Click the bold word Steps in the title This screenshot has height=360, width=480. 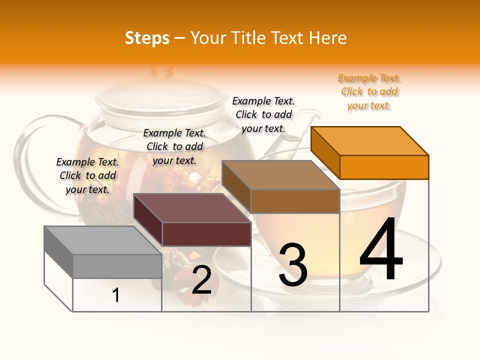click(147, 38)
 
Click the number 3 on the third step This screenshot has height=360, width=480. click(293, 265)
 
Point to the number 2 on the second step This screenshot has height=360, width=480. click(201, 280)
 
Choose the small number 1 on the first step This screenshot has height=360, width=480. click(116, 295)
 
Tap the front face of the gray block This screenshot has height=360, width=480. click(117, 266)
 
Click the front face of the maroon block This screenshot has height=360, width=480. click(206, 234)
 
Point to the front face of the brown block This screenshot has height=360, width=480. click(295, 201)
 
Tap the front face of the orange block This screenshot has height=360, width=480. click(384, 167)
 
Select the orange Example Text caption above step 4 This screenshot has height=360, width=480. click(369, 92)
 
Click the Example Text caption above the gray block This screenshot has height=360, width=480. click(88, 176)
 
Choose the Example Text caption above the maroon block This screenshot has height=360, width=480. click(174, 147)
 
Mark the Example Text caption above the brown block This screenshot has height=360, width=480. click(263, 114)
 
